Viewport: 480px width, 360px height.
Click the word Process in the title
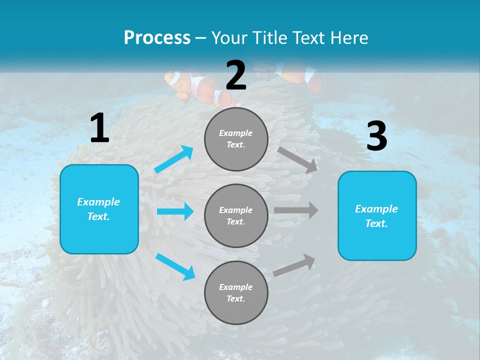pos(157,37)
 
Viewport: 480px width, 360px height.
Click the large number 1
pos(99,128)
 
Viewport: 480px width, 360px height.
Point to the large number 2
pos(236,75)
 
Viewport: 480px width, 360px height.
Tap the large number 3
pos(376,136)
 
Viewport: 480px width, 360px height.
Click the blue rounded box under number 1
pos(99,209)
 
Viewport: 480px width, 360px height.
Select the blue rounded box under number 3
pos(377,215)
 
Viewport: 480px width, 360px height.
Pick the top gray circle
pos(236,139)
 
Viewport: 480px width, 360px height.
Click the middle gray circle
pos(236,215)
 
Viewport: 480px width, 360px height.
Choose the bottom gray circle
pos(236,292)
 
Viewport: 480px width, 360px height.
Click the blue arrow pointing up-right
pos(174,159)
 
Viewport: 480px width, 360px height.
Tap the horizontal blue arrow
pos(175,211)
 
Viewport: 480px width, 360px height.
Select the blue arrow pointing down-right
pos(175,266)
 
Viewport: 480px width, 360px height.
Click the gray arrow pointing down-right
pos(297,159)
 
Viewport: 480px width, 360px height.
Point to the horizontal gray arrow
pos(295,210)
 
